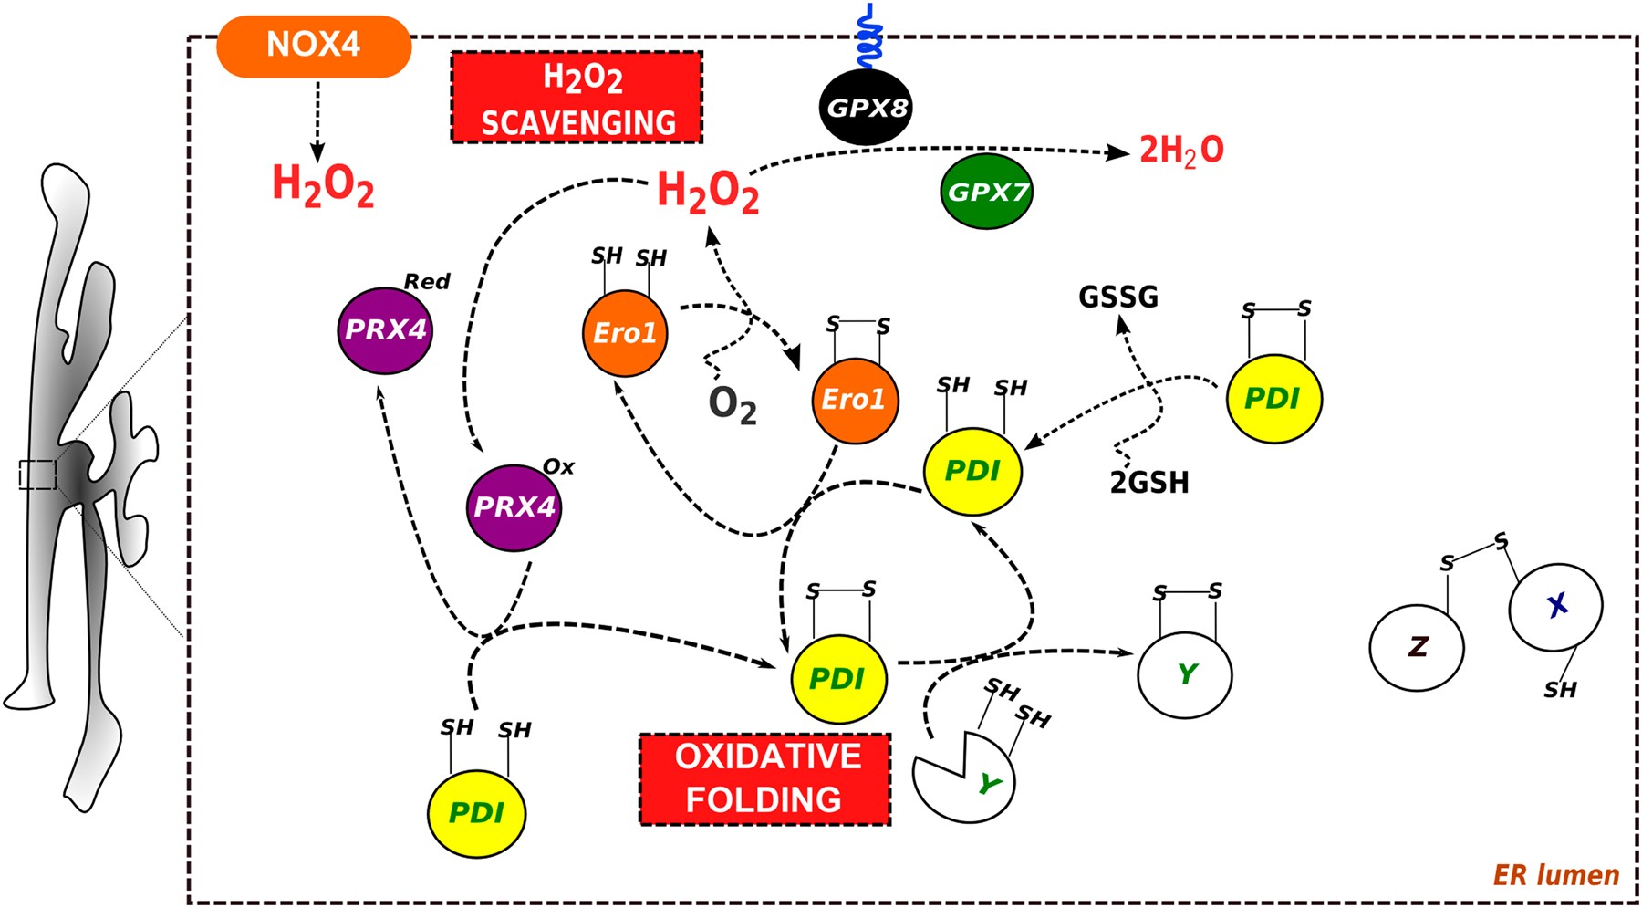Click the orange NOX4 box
point(313,46)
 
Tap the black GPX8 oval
point(866,108)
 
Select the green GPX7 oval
point(986,192)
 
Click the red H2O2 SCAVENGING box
point(577,98)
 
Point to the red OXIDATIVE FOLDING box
point(764,778)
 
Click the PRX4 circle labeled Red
point(384,330)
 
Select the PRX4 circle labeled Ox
point(513,507)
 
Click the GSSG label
point(1117,297)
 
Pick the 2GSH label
point(1148,483)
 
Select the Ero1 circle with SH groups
point(625,333)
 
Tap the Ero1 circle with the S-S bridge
point(855,401)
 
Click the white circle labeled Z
point(1416,648)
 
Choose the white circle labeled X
point(1555,606)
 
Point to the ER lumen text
point(1555,876)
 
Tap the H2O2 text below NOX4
point(323,185)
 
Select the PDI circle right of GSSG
point(1273,399)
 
